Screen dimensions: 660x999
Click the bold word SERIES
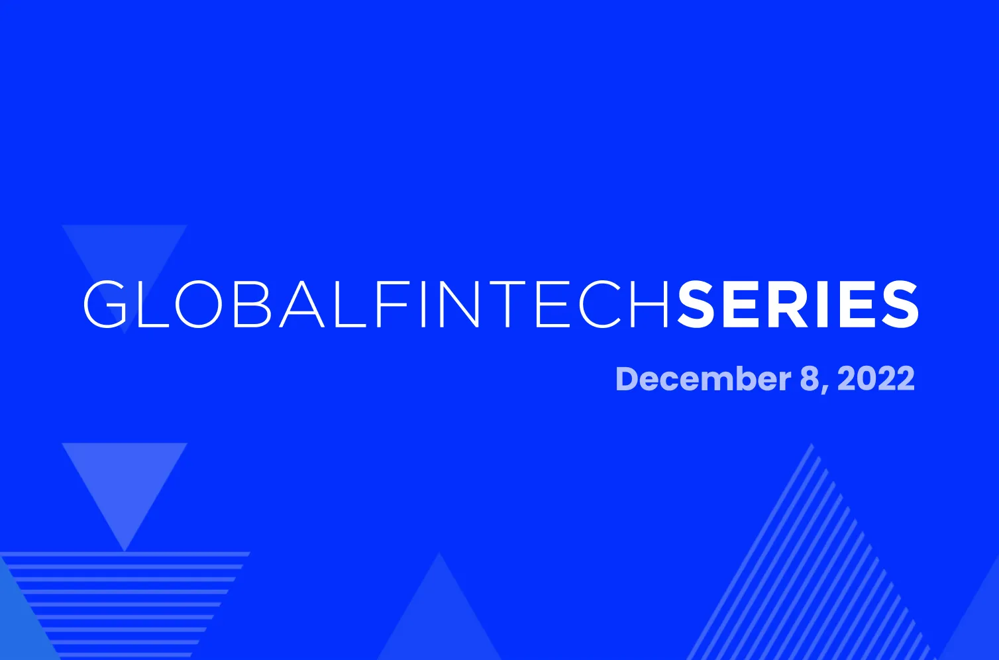(x=798, y=305)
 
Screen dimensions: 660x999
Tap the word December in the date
(x=702, y=379)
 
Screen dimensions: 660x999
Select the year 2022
(x=876, y=379)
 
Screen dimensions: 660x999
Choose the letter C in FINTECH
(x=597, y=305)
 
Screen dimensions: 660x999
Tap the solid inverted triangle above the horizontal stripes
(x=125, y=484)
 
